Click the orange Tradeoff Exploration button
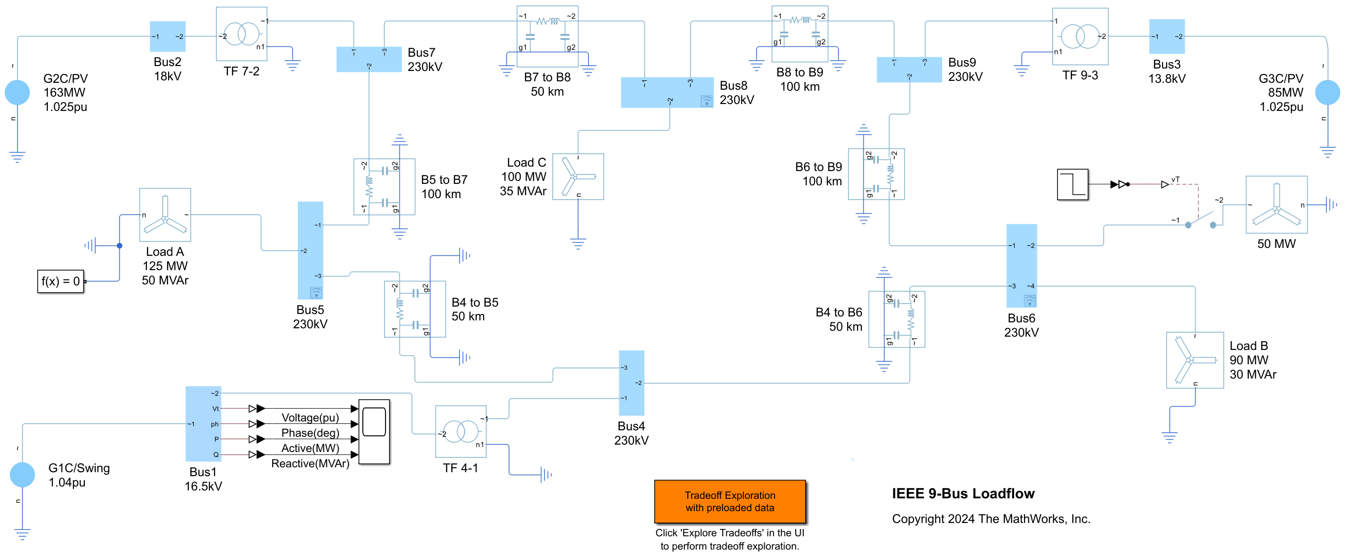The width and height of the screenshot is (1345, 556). click(729, 501)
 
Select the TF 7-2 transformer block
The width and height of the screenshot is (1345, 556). click(241, 34)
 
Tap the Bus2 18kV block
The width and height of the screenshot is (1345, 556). click(168, 36)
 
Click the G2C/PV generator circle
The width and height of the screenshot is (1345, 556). click(17, 92)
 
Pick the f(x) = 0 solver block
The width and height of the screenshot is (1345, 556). click(61, 281)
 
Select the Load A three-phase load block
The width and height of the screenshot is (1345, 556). click(165, 214)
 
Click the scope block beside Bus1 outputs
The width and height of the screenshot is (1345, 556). click(374, 431)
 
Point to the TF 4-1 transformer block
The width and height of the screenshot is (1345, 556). click(460, 431)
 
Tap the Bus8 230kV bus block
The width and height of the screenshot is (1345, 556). click(666, 92)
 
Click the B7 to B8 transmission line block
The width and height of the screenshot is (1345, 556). click(547, 36)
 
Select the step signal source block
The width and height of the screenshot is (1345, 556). click(1072, 184)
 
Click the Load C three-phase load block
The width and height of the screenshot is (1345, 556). click(578, 176)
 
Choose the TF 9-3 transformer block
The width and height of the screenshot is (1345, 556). click(1080, 36)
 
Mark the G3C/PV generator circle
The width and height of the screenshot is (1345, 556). click(1327, 92)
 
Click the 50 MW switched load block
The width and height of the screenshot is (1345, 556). click(1276, 205)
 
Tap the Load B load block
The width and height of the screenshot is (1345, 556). click(1195, 360)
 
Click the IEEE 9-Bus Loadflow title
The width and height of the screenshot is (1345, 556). click(963, 493)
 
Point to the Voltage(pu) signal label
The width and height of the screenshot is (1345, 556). click(310, 417)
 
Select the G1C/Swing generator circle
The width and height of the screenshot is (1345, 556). click(23, 475)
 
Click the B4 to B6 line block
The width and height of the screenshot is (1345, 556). click(896, 319)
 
